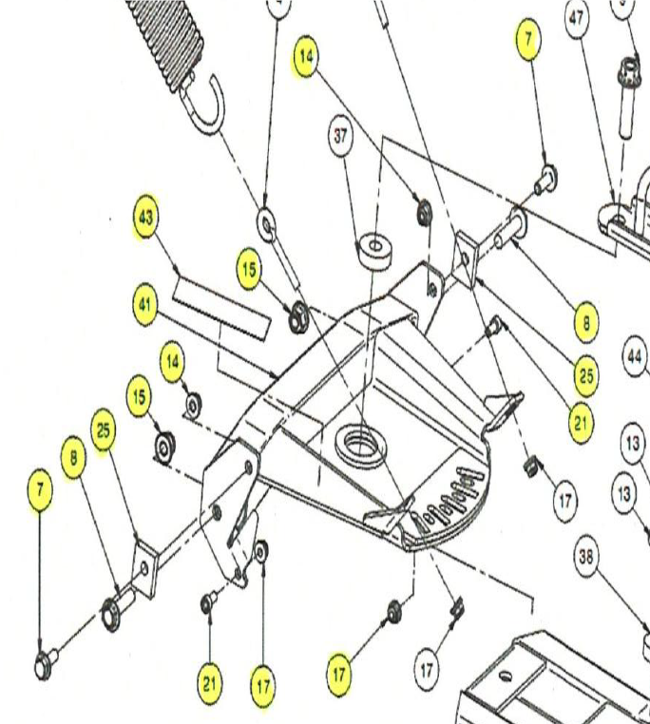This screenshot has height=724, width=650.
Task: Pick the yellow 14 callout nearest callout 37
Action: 307,56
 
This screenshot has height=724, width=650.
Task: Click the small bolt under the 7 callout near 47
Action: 546,178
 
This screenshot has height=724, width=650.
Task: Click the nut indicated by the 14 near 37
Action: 422,211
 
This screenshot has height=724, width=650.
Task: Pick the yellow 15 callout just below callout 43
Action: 248,270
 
